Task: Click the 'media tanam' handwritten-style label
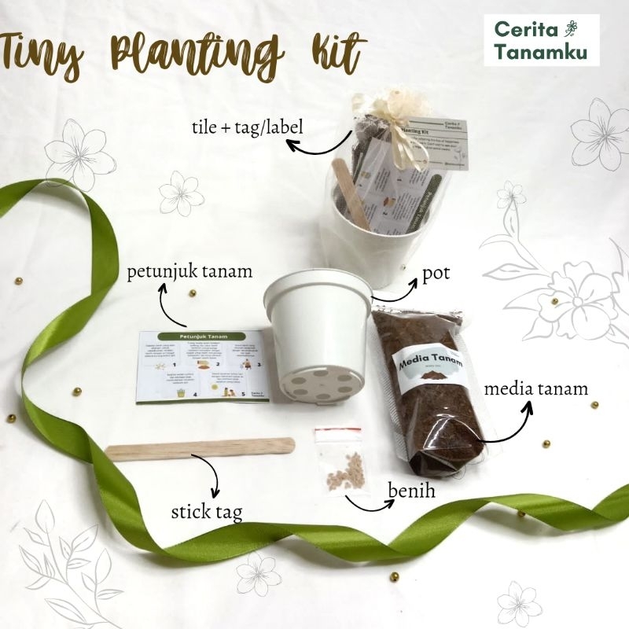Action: point(535,388)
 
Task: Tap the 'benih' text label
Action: point(411,491)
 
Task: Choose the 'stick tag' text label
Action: point(207,513)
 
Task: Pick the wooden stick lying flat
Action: point(200,448)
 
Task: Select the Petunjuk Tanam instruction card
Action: point(203,365)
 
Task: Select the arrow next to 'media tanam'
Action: point(504,425)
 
